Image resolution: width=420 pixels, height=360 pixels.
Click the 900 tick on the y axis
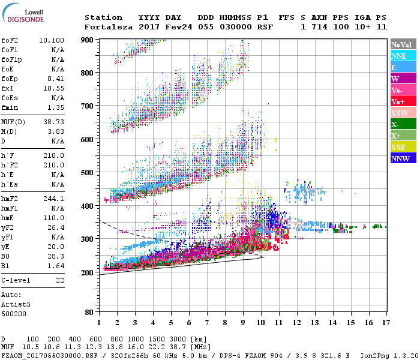tap(88, 40)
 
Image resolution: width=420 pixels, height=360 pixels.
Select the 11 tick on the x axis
tap(278, 323)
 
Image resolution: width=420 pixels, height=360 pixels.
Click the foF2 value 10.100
tap(52, 40)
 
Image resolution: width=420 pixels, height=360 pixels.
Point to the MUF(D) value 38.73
tap(53, 122)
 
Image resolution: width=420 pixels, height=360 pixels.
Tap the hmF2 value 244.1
tap(53, 197)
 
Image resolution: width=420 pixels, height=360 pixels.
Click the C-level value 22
tap(60, 280)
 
